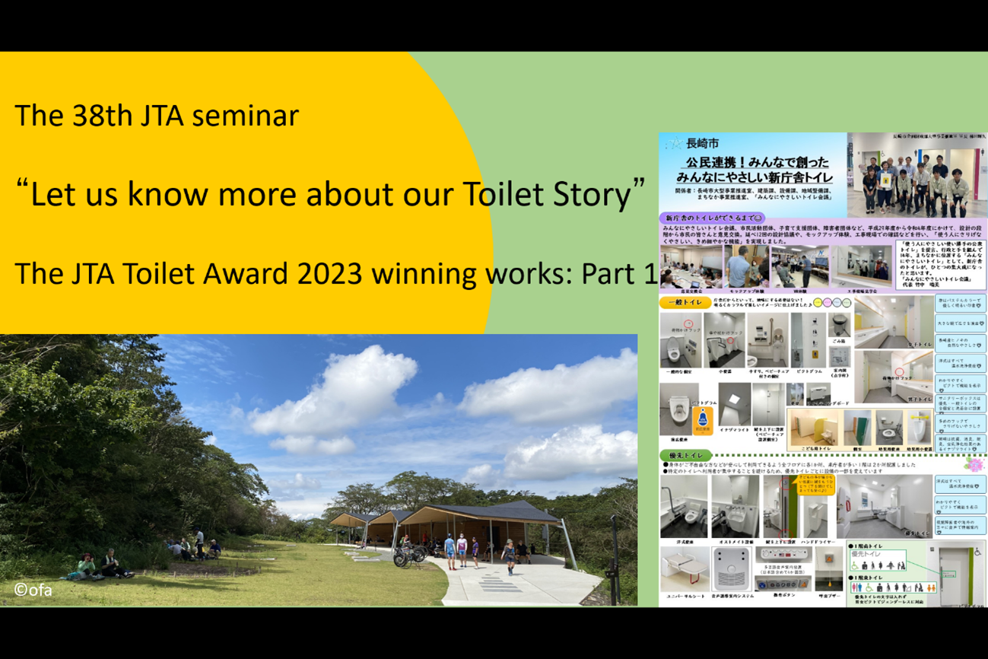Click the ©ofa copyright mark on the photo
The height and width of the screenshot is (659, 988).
point(33,589)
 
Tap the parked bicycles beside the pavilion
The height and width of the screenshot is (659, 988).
point(408,554)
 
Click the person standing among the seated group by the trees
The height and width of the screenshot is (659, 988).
point(199,542)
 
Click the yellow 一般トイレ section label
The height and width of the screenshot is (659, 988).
point(685,303)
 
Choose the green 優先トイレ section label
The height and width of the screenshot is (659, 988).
point(685,456)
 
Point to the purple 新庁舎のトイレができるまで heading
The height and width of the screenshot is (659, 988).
point(711,218)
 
